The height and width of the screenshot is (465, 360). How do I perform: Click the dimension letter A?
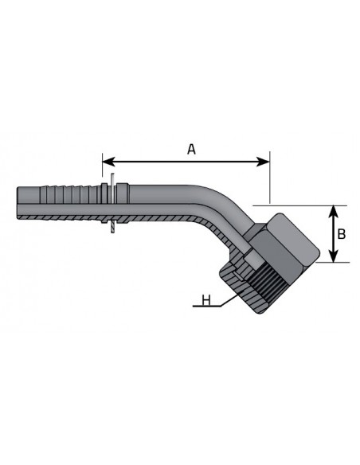click(x=192, y=149)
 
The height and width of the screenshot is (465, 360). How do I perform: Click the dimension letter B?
click(x=342, y=234)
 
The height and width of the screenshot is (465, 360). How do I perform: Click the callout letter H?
click(x=206, y=300)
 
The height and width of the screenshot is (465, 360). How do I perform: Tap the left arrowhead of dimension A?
click(x=108, y=162)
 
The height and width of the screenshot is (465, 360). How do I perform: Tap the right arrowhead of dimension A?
click(x=264, y=162)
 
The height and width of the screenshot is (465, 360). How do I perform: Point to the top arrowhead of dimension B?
click(x=334, y=211)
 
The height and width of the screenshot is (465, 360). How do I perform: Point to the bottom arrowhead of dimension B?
click(x=334, y=256)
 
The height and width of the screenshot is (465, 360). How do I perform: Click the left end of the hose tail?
click(x=18, y=203)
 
